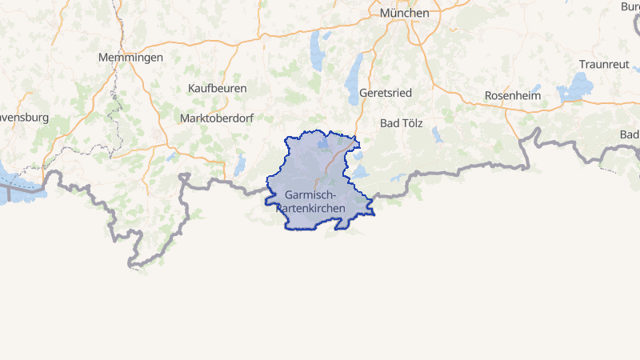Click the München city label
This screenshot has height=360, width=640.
point(404,13)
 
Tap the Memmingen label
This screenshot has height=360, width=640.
point(130,58)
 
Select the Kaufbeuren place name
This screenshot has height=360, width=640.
point(217,88)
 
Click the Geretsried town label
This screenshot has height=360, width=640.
point(386,93)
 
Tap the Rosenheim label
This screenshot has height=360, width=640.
point(513,96)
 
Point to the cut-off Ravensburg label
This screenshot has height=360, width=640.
point(22,117)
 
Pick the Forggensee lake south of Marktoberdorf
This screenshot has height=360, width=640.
point(240,165)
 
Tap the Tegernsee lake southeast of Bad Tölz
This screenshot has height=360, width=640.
point(437,134)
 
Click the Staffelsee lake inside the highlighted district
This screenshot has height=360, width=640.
point(323,144)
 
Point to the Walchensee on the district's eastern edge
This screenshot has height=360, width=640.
point(359,172)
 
